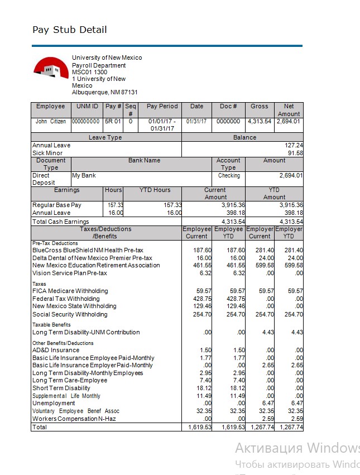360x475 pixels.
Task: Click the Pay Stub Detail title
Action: pos(69,30)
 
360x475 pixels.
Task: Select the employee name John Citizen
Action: pos(51,121)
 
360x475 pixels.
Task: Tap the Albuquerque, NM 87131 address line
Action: pos(104,93)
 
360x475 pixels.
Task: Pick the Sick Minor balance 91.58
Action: pos(295,153)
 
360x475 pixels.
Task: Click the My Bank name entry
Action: pos(84,175)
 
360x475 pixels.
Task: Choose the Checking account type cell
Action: pos(229,175)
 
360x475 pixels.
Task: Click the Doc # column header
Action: pos(228,106)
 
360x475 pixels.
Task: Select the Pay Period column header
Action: pos(162,106)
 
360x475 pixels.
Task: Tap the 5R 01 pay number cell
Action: pos(113,121)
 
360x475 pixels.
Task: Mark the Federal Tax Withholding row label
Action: pos(66,299)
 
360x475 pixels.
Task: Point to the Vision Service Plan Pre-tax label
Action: pos(70,273)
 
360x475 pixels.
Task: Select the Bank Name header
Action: pos(144,160)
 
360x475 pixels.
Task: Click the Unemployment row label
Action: pos(54,403)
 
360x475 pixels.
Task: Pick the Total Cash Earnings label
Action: pos(60,222)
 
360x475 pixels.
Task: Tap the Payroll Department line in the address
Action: pos(99,65)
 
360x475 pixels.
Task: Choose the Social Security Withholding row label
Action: pos(70,314)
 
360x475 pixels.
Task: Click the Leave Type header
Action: pos(105,137)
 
